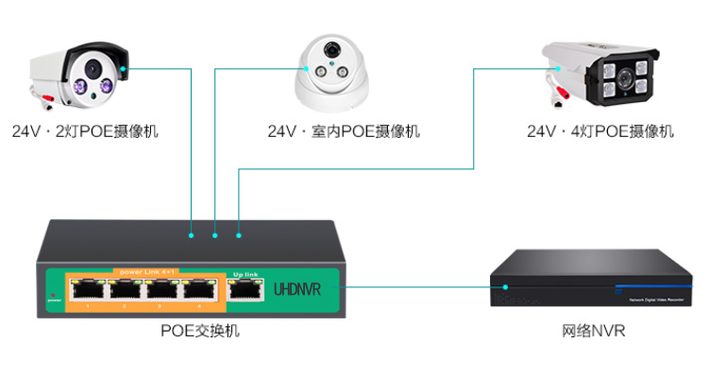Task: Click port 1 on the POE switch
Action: tap(88, 291)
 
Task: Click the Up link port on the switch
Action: tap(244, 291)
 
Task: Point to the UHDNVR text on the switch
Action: tap(298, 288)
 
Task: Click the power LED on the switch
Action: tap(53, 289)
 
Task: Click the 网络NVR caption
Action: tap(594, 332)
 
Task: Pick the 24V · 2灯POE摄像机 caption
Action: tap(85, 131)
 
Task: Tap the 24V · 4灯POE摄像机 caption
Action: tap(600, 131)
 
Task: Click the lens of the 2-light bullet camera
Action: tap(93, 68)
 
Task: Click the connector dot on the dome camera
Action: tap(310, 67)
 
